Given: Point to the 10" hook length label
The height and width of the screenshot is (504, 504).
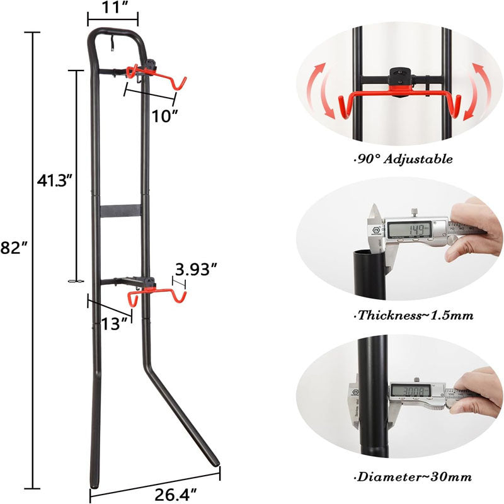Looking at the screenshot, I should click(164, 115).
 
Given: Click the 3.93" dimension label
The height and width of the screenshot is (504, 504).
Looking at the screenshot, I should click(197, 270).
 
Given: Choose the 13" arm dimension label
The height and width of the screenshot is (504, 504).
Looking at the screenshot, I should click(115, 323).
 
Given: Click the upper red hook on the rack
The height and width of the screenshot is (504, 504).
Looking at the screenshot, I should click(157, 79).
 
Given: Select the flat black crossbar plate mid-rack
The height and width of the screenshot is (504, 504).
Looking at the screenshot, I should click(120, 211).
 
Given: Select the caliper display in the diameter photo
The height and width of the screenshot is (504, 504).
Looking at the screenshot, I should click(412, 391).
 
